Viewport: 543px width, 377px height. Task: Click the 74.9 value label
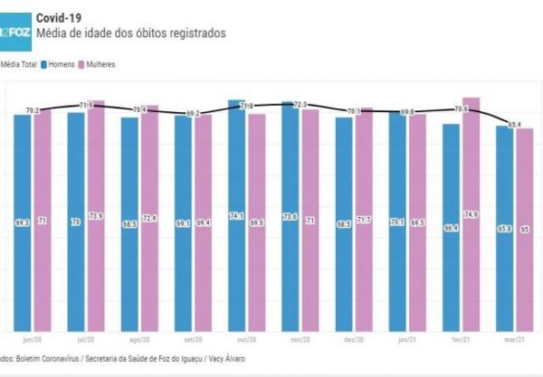[471, 214]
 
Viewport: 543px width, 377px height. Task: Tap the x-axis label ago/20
[140, 341]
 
